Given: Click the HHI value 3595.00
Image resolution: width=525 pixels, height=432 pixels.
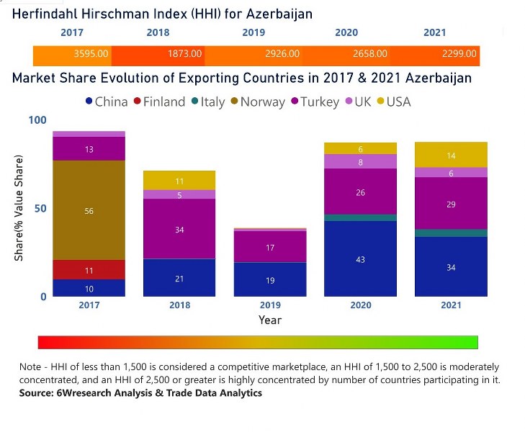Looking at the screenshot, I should (x=91, y=54).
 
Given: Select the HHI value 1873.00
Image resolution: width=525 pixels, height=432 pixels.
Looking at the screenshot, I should (x=184, y=54).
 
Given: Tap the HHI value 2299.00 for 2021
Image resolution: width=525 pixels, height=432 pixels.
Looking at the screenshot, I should (x=459, y=54).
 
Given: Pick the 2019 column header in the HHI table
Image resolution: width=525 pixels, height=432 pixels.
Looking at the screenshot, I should (x=253, y=32).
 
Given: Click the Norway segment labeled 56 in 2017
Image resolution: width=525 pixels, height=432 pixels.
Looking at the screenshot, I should (x=89, y=210).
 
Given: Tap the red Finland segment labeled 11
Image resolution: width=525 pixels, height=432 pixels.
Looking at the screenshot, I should (x=89, y=270).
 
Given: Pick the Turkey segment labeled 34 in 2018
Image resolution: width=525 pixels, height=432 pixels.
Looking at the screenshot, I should (x=179, y=229).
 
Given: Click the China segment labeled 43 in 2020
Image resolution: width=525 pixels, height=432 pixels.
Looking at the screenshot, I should (x=360, y=259).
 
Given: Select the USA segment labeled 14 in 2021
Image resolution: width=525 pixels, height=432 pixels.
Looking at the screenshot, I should (x=451, y=155).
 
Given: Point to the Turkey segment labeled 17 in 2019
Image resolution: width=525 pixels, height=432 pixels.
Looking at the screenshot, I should (x=270, y=247).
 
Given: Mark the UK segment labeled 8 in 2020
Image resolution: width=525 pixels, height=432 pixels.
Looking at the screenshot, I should (x=360, y=162).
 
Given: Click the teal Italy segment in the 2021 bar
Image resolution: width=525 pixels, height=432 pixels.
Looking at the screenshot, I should (x=451, y=233).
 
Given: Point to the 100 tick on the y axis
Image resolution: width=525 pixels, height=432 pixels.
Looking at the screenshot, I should (x=37, y=120).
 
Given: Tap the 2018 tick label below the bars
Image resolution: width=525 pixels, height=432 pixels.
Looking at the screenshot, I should (x=179, y=305).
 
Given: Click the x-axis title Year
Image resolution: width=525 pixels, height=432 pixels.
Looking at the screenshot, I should (x=270, y=320).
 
